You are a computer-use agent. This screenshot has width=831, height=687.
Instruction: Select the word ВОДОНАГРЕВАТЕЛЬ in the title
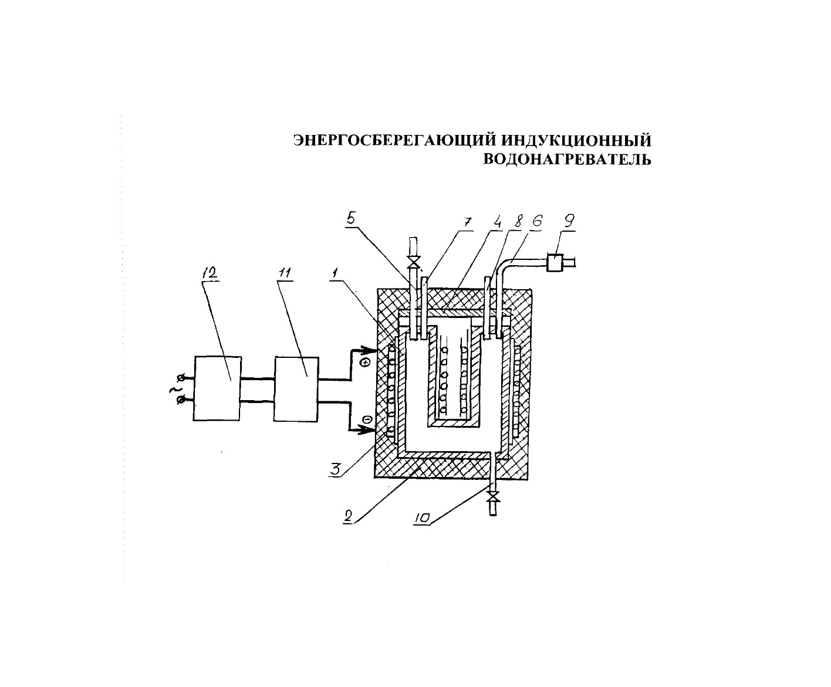pyautogui.click(x=567, y=159)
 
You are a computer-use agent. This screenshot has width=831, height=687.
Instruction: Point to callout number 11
pyautogui.click(x=285, y=273)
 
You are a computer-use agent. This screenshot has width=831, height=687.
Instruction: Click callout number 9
pyautogui.click(x=569, y=221)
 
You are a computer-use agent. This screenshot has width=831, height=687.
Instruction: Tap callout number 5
pyautogui.click(x=350, y=218)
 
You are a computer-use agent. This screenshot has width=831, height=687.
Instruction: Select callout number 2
pyautogui.click(x=347, y=517)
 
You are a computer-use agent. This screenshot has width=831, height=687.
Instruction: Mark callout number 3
pyautogui.click(x=335, y=469)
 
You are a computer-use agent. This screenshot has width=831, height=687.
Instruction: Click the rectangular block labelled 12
pyautogui.click(x=217, y=388)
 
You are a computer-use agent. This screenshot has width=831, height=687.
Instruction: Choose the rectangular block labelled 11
pyautogui.click(x=296, y=389)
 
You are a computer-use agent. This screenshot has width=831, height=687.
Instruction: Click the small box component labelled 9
pyautogui.click(x=555, y=263)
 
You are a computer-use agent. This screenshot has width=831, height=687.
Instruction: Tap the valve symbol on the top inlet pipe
pyautogui.click(x=414, y=262)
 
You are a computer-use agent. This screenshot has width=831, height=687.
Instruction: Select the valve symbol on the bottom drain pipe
pyautogui.click(x=493, y=496)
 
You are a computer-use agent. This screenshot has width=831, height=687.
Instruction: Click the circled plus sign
pyautogui.click(x=366, y=363)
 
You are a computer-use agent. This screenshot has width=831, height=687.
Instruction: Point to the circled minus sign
pyautogui.click(x=367, y=419)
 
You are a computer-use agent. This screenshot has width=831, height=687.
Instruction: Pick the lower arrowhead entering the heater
pyautogui.click(x=367, y=430)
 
